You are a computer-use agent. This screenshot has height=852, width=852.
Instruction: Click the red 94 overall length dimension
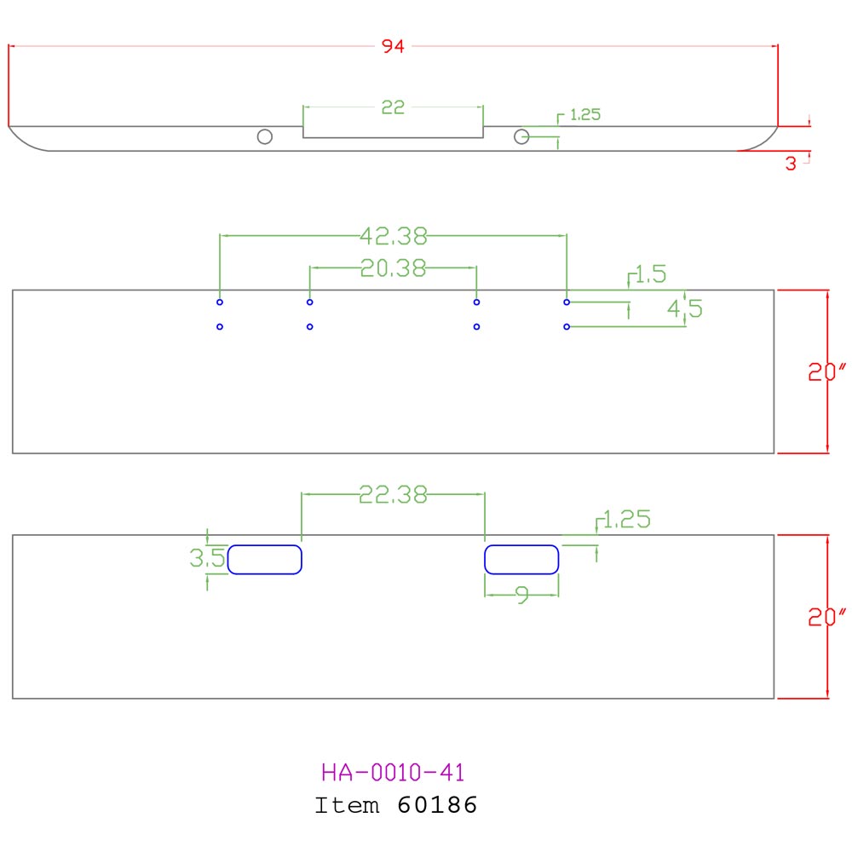coord(393,47)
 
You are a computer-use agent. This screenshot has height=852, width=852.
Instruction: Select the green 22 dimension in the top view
coord(393,107)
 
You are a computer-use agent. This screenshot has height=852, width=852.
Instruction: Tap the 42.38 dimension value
coord(393,235)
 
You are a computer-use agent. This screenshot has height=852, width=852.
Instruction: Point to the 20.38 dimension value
coord(393,268)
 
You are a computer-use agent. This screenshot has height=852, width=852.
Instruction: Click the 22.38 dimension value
coord(393,494)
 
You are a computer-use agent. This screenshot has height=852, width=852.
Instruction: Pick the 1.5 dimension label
coord(650,274)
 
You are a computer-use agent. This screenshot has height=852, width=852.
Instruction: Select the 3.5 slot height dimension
coord(206,559)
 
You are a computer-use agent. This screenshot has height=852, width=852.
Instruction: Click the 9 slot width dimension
coord(522,596)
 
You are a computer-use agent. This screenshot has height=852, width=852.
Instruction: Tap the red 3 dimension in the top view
coord(791,164)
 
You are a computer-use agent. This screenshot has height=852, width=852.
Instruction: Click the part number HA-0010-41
coord(393,773)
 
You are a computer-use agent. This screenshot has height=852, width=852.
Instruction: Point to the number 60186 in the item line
coord(437,804)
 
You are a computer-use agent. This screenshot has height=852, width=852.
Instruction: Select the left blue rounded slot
coord(265,560)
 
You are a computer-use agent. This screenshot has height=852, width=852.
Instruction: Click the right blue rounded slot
coord(521,560)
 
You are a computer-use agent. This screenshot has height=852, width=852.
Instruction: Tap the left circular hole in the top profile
coord(265,137)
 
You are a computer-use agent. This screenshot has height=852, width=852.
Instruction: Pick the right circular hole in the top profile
coord(521,137)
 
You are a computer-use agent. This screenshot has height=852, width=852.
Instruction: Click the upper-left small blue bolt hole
coord(220,302)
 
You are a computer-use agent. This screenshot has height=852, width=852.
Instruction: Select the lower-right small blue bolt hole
coord(566,326)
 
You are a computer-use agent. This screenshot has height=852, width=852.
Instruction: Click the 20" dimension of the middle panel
coord(827,371)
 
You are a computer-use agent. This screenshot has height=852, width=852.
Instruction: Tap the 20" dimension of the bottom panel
coord(827,618)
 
